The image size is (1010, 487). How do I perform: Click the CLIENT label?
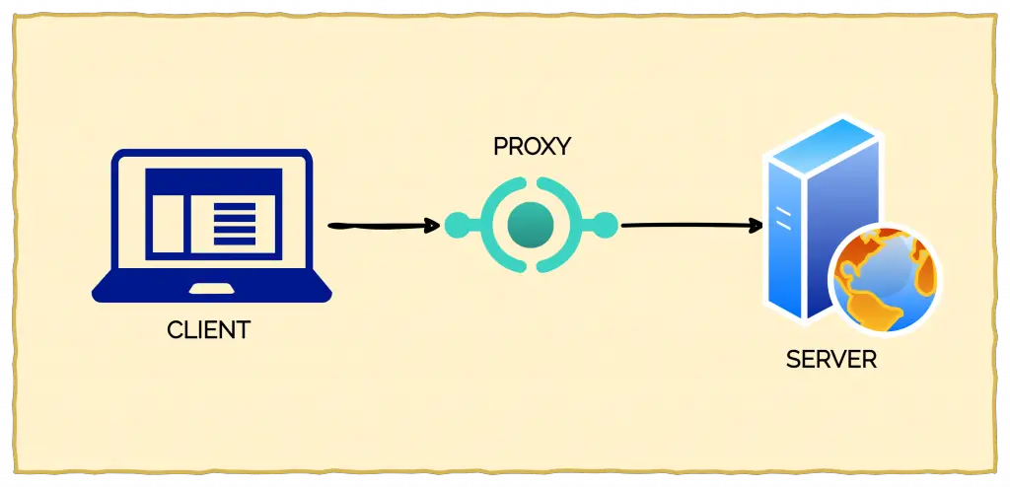coord(209,330)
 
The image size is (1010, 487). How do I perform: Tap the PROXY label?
coord(532,147)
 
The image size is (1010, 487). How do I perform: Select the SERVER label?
coord(830,359)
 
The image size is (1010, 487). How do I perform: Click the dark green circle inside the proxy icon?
coord(532,226)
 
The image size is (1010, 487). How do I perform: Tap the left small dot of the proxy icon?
coord(456,226)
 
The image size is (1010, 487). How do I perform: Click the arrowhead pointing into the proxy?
coord(431,226)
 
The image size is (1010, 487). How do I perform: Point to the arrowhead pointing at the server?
coord(757,226)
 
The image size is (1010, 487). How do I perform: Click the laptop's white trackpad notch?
coord(211,289)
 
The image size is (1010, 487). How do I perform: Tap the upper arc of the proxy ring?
coord(532,184)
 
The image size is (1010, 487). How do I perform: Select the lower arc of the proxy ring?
coord(532,267)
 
